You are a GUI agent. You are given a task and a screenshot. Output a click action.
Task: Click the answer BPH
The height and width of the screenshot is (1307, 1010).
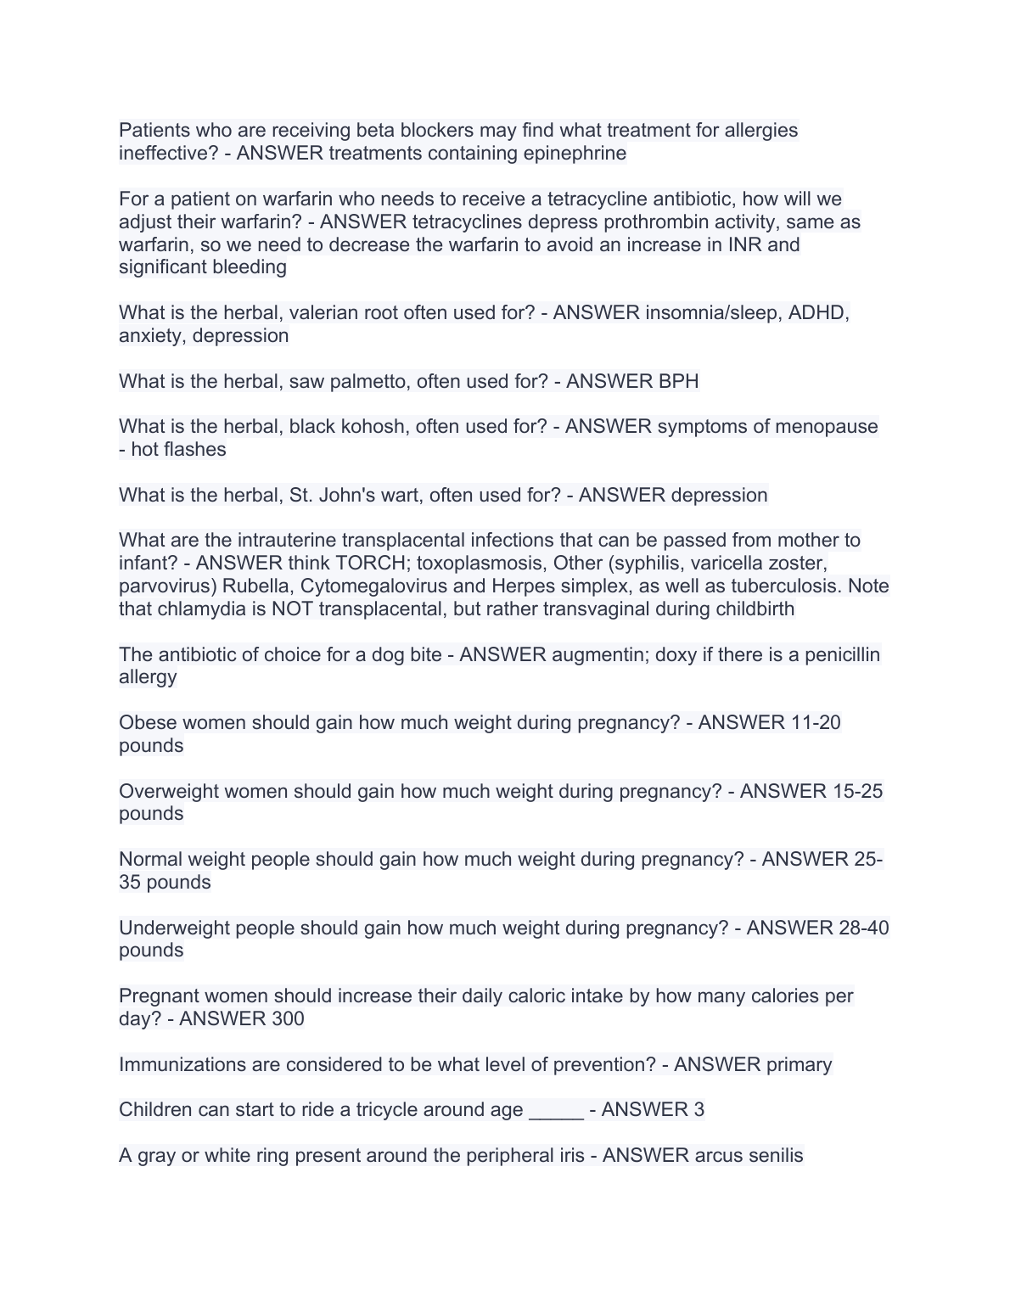[x=678, y=382]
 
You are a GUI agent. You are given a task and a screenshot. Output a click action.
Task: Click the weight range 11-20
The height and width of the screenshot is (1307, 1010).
[x=815, y=723]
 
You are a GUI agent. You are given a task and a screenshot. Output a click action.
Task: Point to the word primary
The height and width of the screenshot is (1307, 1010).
[x=799, y=1065]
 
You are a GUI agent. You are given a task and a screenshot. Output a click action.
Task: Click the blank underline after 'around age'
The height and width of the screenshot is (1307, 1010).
[x=556, y=1110]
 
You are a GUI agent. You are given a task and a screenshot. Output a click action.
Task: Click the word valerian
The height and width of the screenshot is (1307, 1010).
[x=323, y=313]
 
